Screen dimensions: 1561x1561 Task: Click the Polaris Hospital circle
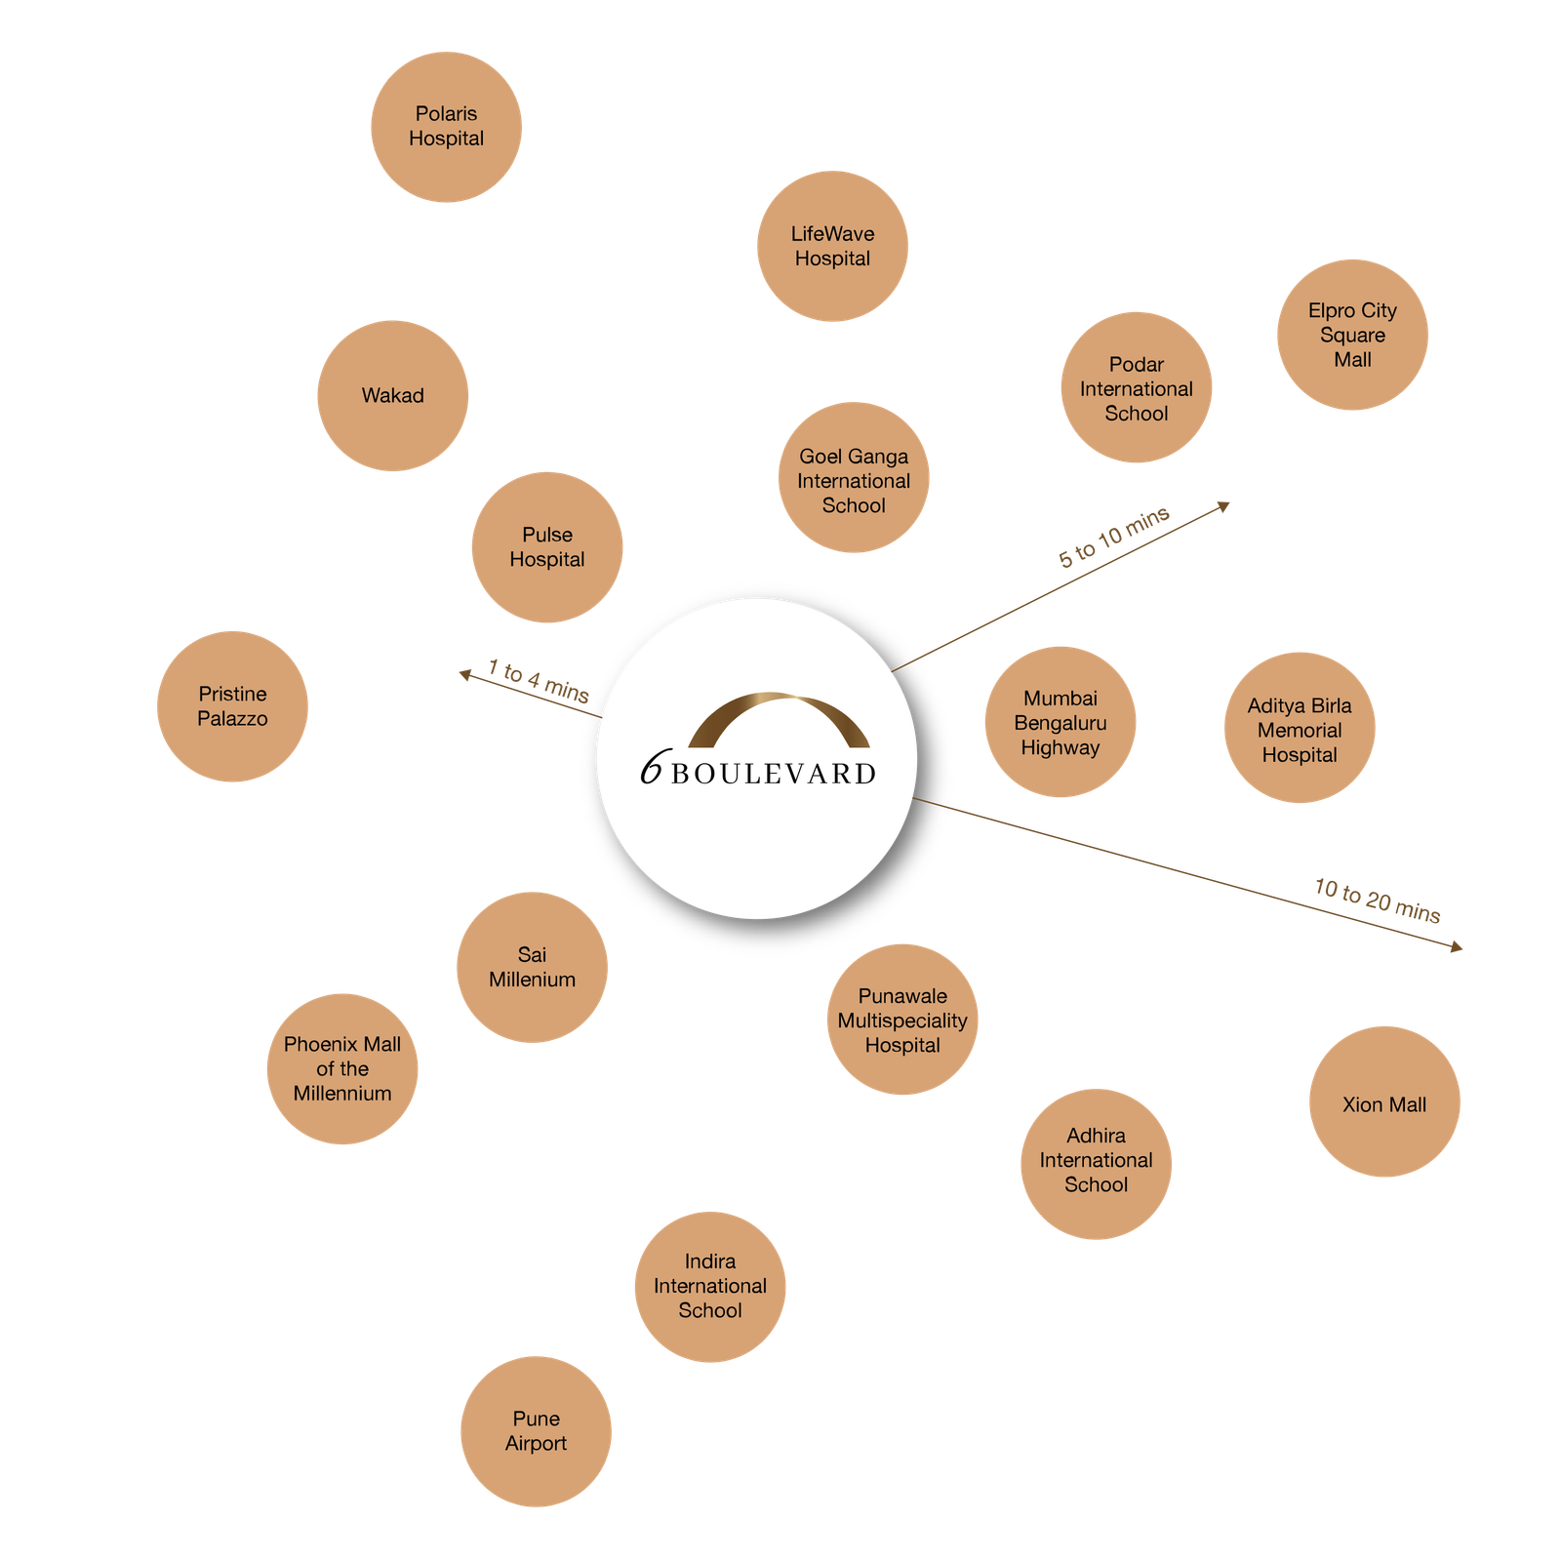coord(446,127)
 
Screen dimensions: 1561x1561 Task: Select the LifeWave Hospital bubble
coord(832,246)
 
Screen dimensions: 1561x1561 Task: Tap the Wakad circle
coord(392,395)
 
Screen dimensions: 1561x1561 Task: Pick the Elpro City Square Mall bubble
coord(1352,335)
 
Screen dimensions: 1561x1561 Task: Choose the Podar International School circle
coord(1136,387)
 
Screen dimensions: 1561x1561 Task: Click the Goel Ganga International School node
coord(854,477)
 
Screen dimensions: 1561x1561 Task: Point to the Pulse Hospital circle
coord(546,547)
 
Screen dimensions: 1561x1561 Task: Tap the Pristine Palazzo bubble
coord(232,706)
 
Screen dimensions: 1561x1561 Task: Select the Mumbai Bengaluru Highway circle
coord(1061,722)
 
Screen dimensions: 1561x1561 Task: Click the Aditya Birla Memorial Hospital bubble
coord(1300,728)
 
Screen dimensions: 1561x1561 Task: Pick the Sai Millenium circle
coord(532,967)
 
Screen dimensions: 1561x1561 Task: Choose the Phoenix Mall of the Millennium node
coord(342,1068)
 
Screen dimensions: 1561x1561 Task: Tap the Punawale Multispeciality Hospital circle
coord(902,1020)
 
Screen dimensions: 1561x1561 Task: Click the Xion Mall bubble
coord(1384,1101)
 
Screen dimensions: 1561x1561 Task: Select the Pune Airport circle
coord(536,1431)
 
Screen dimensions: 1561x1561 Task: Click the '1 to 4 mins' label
coord(539,681)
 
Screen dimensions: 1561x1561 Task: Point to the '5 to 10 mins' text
coord(1114,537)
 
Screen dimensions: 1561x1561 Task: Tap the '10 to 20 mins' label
coord(1378,900)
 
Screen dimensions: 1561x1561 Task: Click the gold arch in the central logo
coord(779,717)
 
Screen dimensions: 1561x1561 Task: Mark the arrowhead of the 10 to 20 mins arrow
coord(1458,946)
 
